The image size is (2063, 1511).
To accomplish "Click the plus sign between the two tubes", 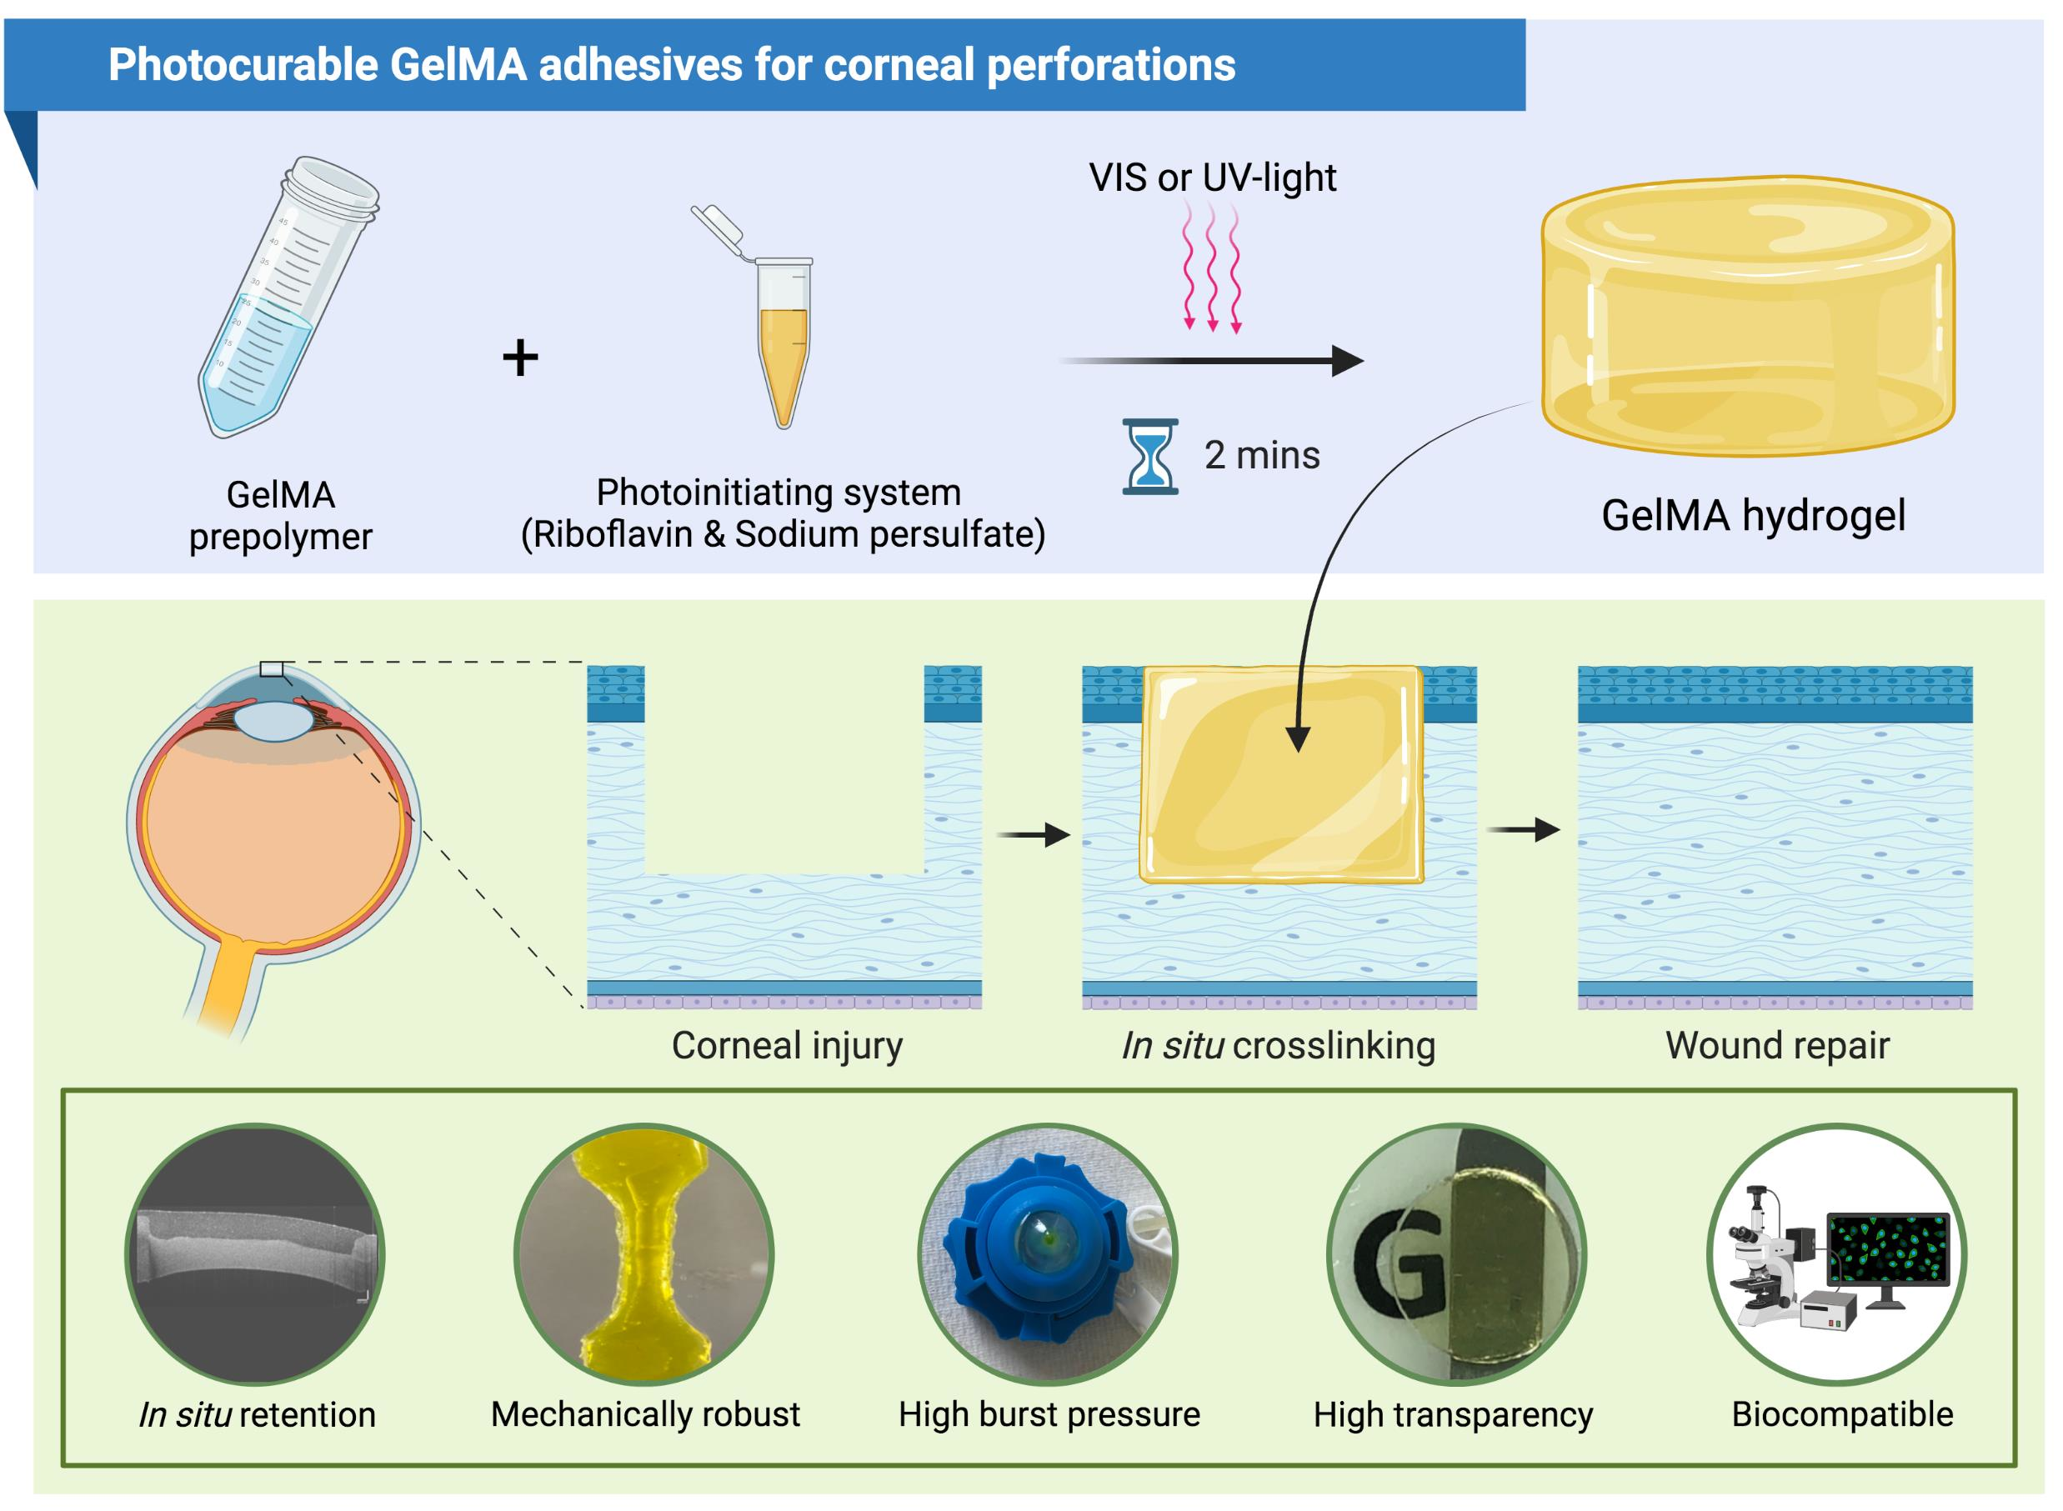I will tap(519, 358).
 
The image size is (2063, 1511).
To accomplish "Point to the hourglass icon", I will tap(1150, 457).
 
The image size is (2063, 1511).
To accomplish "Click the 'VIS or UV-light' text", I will tap(1212, 178).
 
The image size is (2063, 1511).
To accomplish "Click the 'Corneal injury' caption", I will tap(787, 1045).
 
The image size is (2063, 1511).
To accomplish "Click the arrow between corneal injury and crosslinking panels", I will tap(1032, 834).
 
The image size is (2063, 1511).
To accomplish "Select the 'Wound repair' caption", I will tap(1776, 1045).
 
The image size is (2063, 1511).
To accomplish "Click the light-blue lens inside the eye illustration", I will tap(273, 720).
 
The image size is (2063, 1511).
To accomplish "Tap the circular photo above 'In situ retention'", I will tap(254, 1253).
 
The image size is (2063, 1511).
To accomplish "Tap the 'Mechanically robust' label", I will tap(645, 1414).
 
